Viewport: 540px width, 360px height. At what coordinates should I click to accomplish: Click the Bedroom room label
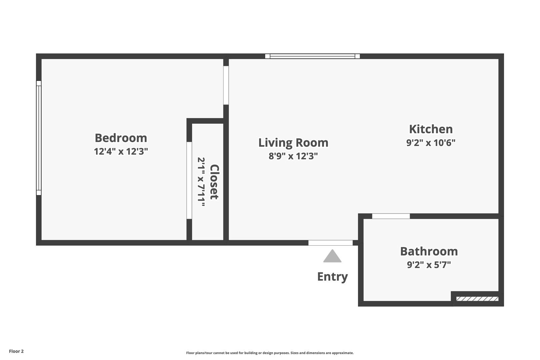(x=121, y=138)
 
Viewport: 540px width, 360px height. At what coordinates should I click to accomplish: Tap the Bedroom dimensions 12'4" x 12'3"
(x=121, y=151)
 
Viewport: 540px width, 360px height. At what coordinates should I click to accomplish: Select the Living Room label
(x=293, y=143)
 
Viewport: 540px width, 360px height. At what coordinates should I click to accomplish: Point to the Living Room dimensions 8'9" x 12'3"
(x=293, y=156)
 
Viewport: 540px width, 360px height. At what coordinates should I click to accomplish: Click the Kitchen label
(x=431, y=129)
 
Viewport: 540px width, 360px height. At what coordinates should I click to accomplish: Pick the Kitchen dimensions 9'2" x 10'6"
(x=431, y=143)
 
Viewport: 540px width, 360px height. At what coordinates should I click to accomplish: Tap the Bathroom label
(x=429, y=251)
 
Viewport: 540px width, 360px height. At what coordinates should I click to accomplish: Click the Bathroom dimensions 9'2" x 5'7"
(x=429, y=265)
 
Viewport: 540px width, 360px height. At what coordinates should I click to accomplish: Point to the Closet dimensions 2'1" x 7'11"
(x=201, y=182)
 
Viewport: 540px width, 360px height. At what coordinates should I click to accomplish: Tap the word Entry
(x=332, y=277)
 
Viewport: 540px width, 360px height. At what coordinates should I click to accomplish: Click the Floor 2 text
(x=16, y=351)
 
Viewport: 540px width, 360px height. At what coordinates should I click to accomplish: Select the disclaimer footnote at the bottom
(x=270, y=353)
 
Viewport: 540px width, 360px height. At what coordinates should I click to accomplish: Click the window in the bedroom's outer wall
(x=39, y=138)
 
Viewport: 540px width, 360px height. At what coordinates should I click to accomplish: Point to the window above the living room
(x=312, y=56)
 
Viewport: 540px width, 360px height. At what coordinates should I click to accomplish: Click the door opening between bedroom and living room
(x=226, y=85)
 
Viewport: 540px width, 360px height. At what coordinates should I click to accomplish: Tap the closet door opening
(x=189, y=180)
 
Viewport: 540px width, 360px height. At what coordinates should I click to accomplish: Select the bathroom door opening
(x=391, y=216)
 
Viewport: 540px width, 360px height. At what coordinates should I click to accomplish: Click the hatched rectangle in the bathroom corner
(x=477, y=299)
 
